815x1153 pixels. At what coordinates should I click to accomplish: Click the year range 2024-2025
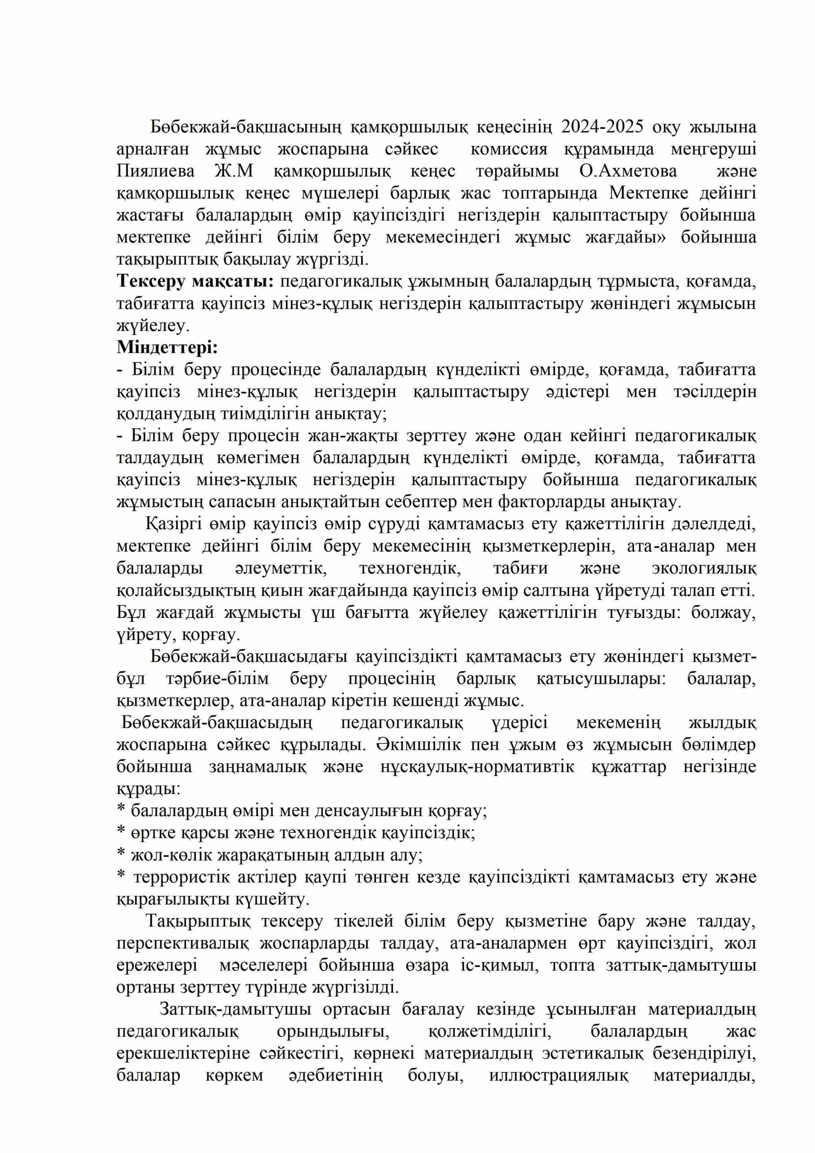(602, 127)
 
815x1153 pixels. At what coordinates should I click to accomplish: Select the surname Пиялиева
(156, 171)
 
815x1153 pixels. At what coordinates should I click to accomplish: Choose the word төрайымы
(517, 171)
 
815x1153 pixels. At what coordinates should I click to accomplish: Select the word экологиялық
(703, 568)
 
